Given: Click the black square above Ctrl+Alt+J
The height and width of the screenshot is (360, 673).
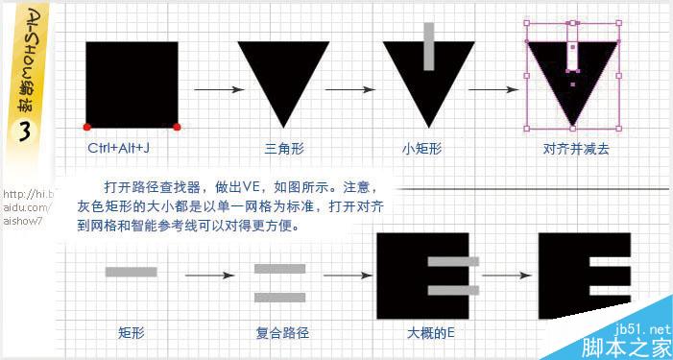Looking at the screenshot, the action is (x=132, y=84).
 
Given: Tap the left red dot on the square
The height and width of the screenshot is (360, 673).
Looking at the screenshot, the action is (x=87, y=127).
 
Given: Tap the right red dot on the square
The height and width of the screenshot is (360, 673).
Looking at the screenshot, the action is (x=177, y=127).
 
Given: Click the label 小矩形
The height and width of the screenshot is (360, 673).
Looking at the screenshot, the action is (x=422, y=149).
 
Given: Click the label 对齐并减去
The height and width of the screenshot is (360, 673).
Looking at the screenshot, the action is (x=572, y=149).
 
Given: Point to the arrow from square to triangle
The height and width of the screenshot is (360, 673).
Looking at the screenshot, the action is (x=216, y=90).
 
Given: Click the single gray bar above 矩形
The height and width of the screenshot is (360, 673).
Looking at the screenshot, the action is (x=131, y=273).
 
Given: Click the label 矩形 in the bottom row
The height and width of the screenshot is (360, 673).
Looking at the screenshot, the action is (x=131, y=333).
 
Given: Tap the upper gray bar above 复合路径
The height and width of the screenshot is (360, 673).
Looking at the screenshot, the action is (x=279, y=268).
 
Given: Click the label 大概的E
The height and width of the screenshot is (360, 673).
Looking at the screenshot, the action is (x=429, y=333).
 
